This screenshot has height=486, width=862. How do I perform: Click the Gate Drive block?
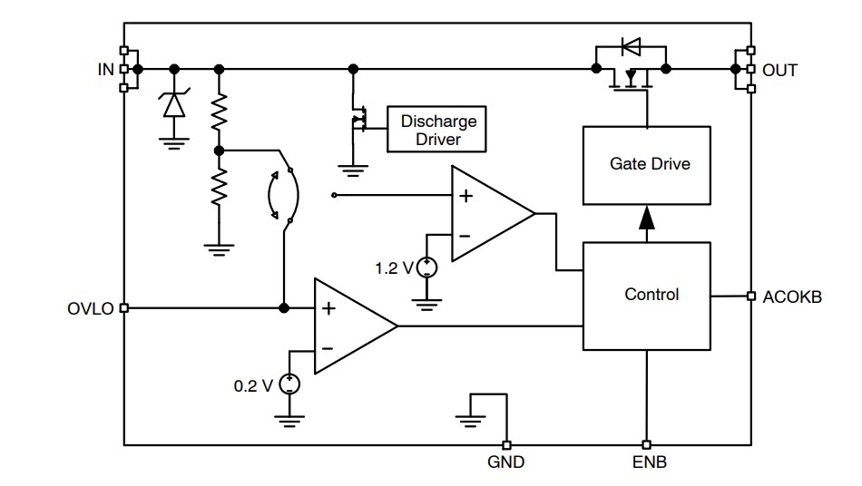(x=645, y=164)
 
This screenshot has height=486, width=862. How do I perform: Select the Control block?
(x=645, y=296)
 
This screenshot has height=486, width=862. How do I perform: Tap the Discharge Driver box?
(x=437, y=130)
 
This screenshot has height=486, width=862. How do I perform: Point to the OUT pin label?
(x=780, y=70)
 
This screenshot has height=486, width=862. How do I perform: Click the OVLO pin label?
(x=91, y=308)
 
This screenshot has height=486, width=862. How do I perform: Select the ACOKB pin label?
(x=792, y=296)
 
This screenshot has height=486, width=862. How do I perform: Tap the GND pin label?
(x=505, y=462)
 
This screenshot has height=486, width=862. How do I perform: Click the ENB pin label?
(x=649, y=462)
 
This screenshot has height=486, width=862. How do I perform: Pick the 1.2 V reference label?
(x=394, y=267)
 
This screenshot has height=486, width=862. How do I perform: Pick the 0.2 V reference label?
(x=253, y=385)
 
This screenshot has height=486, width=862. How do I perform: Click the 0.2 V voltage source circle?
(x=289, y=384)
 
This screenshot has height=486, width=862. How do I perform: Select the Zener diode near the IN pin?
(x=172, y=104)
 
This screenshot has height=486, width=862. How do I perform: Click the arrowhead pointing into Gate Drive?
(x=645, y=219)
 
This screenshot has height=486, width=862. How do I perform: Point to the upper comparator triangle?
(x=487, y=214)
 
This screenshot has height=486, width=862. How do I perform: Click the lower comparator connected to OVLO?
(x=349, y=326)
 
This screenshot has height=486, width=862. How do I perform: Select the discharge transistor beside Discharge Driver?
(x=358, y=119)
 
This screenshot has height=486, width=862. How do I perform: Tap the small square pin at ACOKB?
(x=750, y=296)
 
